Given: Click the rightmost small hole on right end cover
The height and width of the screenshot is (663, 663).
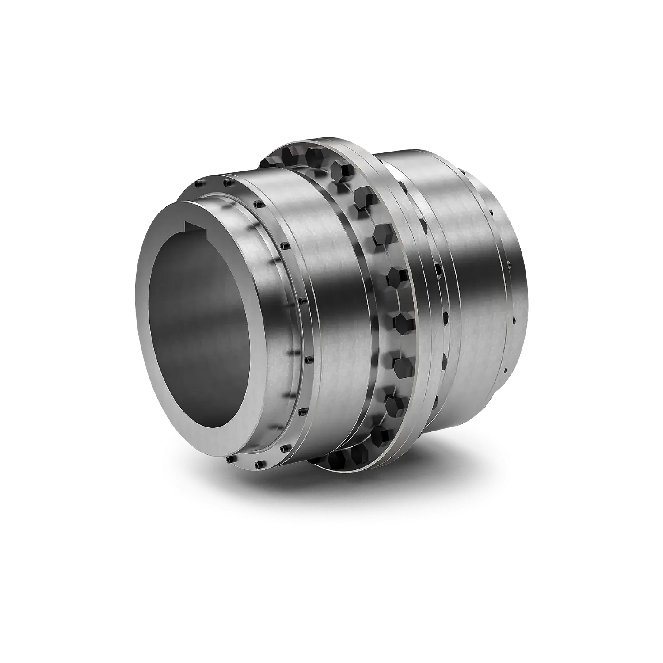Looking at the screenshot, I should coord(514,319).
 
